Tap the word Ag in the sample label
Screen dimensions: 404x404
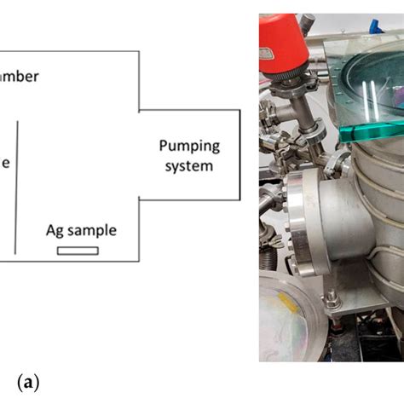56,230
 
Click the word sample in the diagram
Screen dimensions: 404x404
92,230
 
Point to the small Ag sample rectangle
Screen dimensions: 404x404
78,251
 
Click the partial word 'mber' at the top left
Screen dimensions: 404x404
19,76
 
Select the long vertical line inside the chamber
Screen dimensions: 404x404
16,188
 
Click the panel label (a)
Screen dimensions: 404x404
26,384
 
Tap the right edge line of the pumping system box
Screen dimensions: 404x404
240,155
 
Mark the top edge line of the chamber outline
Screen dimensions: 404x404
68,52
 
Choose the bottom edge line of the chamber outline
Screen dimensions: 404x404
68,260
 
